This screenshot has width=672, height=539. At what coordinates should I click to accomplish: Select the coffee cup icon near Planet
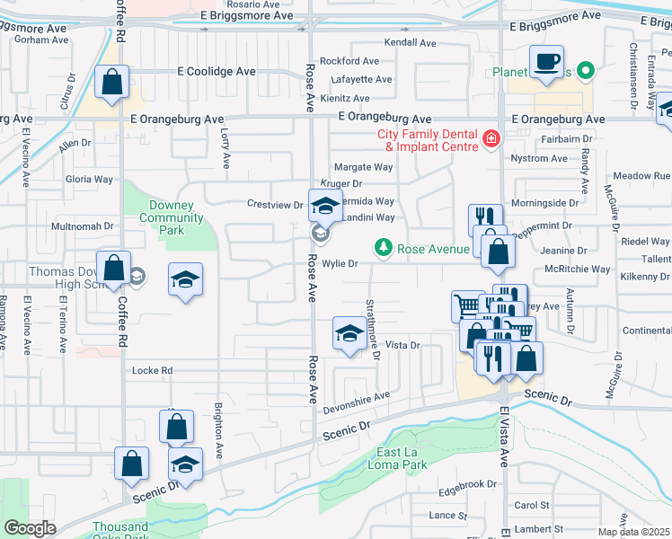tap(546, 63)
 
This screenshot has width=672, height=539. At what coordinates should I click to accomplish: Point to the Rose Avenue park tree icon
tap(383, 247)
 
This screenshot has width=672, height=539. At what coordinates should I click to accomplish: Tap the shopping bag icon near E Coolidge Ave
tap(111, 83)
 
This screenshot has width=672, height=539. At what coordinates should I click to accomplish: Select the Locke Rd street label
tap(152, 370)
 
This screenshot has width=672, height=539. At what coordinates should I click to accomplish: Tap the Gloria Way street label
tap(89, 179)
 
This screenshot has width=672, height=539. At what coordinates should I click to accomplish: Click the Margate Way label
tap(363, 167)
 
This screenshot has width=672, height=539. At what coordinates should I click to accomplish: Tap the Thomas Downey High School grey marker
tap(135, 275)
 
